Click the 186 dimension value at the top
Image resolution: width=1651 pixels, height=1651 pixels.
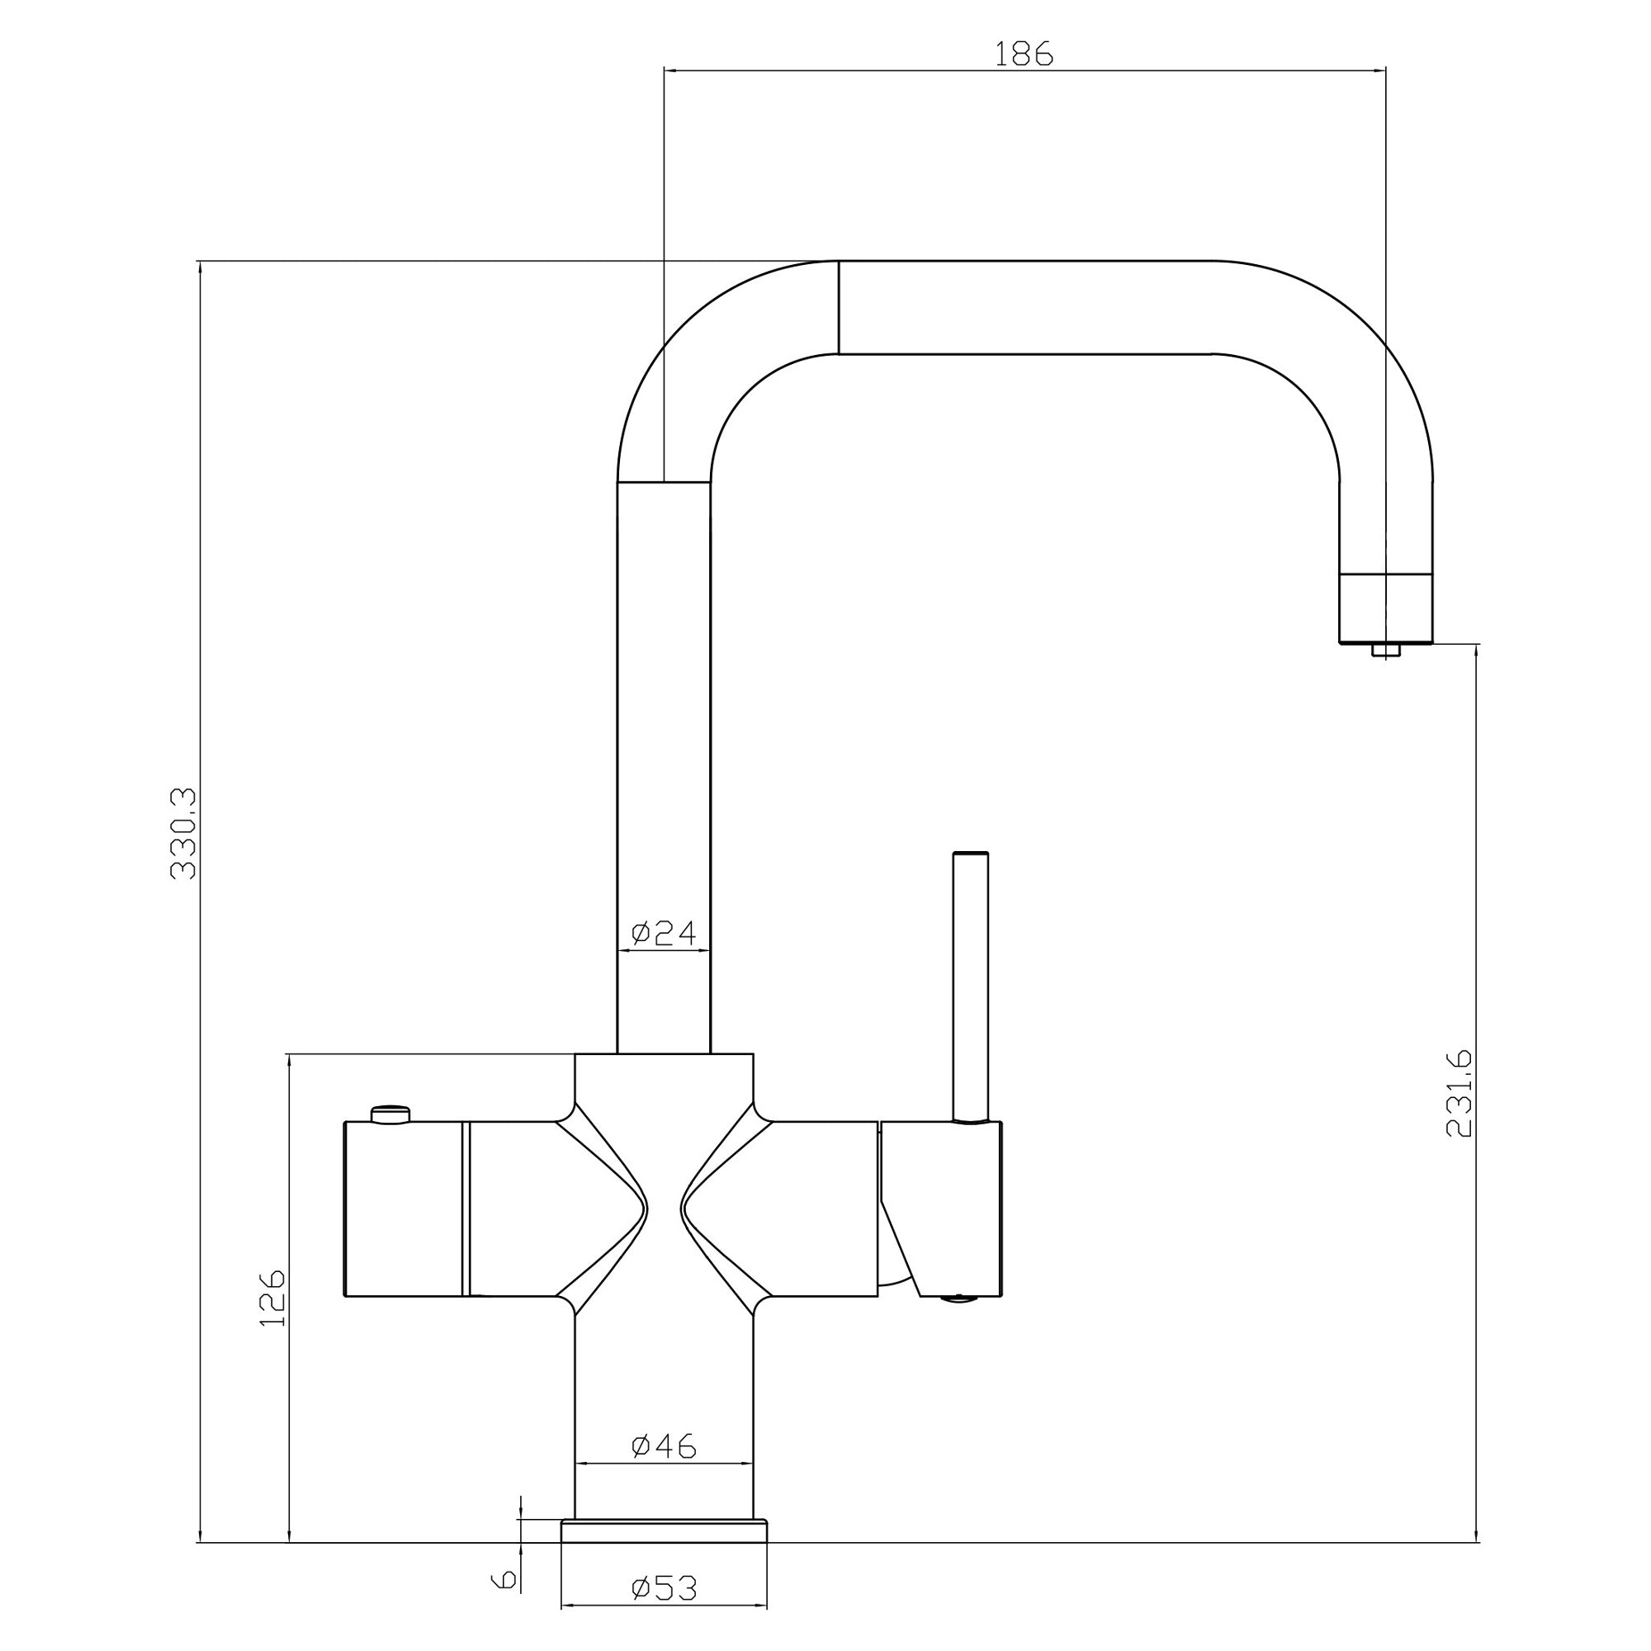point(1024,54)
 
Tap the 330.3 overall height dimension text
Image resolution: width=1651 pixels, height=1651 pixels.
point(184,835)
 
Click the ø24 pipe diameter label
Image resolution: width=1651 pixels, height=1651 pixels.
point(664,933)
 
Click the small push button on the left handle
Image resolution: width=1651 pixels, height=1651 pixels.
point(390,1114)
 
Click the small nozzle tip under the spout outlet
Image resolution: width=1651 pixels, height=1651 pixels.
point(1385,651)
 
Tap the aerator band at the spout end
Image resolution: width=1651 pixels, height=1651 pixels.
point(1385,608)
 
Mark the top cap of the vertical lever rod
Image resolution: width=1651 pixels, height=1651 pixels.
point(971,854)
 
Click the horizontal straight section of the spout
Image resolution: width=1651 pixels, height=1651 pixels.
point(1025,307)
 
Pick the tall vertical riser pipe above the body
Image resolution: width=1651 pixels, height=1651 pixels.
point(664,768)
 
